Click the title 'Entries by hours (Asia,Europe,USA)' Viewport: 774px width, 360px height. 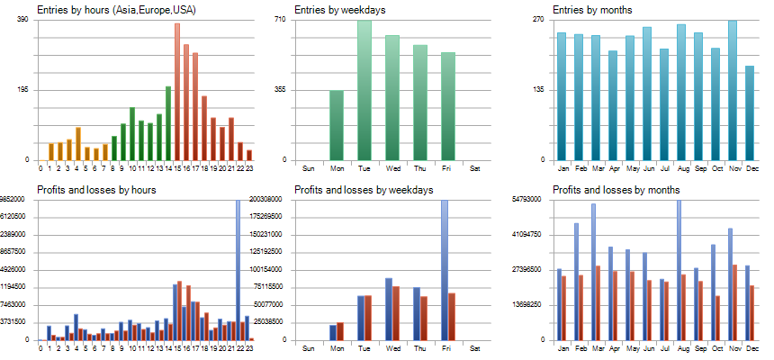tap(116, 10)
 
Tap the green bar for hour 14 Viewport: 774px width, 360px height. tap(168, 123)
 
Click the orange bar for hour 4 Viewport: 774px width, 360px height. tap(78, 144)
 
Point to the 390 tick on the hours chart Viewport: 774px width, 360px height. tap(22, 19)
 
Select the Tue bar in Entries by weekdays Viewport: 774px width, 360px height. tap(364, 90)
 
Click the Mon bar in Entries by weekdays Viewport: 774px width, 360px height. tap(336, 125)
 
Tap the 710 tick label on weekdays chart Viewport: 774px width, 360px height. tap(279, 19)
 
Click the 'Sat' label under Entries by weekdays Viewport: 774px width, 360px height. tap(475, 168)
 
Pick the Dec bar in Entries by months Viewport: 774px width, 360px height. tap(750, 113)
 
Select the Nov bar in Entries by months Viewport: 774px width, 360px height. tap(733, 90)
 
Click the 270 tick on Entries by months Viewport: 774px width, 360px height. tap(537, 19)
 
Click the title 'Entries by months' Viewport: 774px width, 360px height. tap(592, 10)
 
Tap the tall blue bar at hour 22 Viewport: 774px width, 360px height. tap(238, 270)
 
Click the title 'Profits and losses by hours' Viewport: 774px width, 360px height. tap(96, 190)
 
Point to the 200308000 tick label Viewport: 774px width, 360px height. tap(267, 199)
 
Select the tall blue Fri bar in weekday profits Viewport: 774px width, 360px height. tap(445, 270)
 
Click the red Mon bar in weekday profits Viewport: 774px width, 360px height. tap(339, 331)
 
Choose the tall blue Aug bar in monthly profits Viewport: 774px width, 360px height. tap(678, 270)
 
